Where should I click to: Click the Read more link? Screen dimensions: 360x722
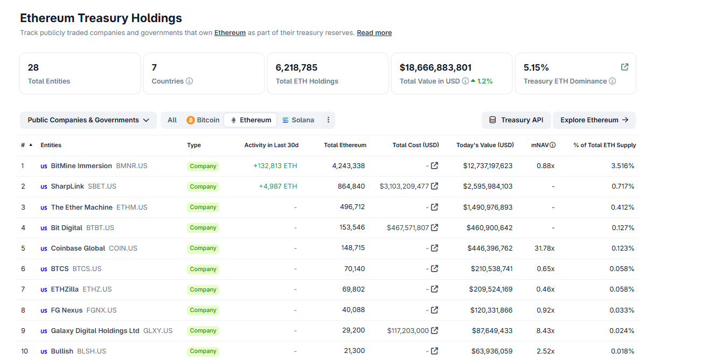[374, 33]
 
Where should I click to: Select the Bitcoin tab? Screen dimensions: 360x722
[203, 120]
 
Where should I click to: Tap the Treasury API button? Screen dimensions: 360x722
[516, 120]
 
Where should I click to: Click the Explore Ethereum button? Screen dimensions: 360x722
[594, 120]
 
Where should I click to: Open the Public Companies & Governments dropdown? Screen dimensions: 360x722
[88, 120]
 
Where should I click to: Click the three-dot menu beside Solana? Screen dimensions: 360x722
[328, 120]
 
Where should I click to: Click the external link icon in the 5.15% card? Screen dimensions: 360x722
[624, 67]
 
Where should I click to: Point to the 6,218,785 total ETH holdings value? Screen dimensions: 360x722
[296, 67]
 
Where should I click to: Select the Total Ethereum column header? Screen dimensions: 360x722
[345, 145]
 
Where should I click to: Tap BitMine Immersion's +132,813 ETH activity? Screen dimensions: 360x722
[275, 166]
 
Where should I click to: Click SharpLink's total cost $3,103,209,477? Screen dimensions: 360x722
[404, 186]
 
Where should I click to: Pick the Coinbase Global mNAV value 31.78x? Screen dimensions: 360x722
[545, 248]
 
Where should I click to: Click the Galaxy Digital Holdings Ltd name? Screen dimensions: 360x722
[95, 331]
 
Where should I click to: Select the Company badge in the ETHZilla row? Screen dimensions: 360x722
[203, 289]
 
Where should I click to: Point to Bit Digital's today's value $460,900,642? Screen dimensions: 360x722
[489, 228]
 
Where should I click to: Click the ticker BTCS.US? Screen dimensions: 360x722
[87, 269]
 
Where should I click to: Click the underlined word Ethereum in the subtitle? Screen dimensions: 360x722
[230, 33]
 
